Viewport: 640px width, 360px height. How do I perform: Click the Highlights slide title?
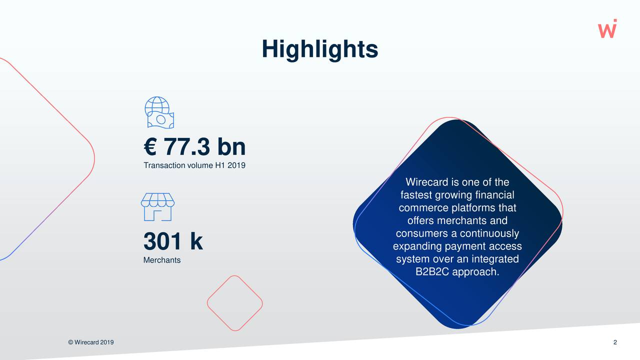pyautogui.click(x=320, y=49)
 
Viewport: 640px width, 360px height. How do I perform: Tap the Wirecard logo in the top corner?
pyautogui.click(x=607, y=28)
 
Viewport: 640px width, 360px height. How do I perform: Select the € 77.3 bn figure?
pyautogui.click(x=194, y=147)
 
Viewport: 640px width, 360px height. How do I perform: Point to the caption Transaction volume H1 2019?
pyautogui.click(x=194, y=165)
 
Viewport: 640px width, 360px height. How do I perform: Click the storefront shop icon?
pyautogui.click(x=157, y=206)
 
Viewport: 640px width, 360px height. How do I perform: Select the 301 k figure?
pyautogui.click(x=172, y=242)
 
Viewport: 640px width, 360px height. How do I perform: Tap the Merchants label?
pyautogui.click(x=161, y=260)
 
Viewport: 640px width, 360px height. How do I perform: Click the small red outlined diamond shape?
pyautogui.click(x=235, y=302)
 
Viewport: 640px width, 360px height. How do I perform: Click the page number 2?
pyautogui.click(x=615, y=342)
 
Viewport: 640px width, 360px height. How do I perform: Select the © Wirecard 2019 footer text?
pyautogui.click(x=90, y=342)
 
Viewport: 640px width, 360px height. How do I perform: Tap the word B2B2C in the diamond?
pyautogui.click(x=432, y=272)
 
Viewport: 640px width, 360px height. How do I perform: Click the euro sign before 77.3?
pyautogui.click(x=150, y=147)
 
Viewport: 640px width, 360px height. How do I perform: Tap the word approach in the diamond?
pyautogui.click(x=474, y=272)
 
